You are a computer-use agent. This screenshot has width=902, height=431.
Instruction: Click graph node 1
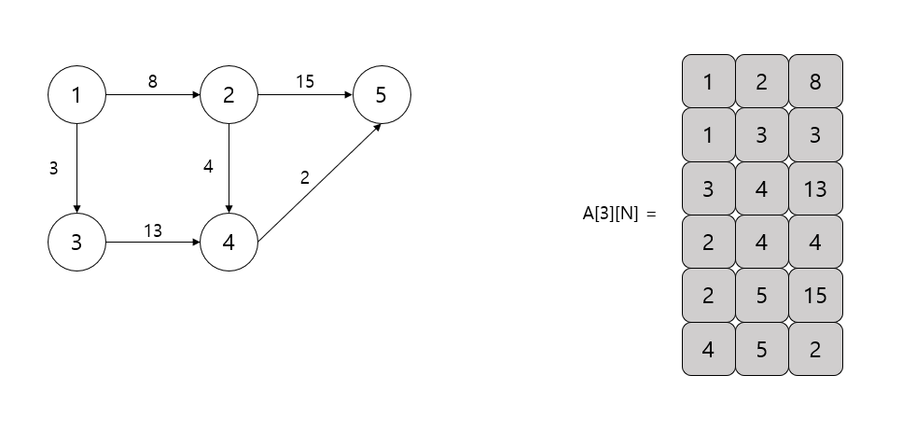(76, 94)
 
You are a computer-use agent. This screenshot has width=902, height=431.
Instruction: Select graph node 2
(229, 94)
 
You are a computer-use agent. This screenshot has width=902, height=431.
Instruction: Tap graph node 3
(76, 243)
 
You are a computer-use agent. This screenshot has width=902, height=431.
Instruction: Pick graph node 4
(229, 243)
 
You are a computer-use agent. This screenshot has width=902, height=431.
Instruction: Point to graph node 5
(382, 94)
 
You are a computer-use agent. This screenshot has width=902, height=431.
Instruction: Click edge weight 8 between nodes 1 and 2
(153, 81)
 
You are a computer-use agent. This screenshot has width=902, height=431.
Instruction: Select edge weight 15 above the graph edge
(305, 81)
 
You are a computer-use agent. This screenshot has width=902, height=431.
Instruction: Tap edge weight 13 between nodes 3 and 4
(153, 229)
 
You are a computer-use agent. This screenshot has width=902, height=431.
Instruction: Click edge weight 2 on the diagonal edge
(304, 177)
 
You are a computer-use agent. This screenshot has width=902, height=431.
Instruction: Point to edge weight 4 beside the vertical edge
(209, 168)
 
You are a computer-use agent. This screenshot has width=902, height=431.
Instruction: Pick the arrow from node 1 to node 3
(76, 168)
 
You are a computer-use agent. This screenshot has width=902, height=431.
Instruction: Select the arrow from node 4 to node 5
(318, 183)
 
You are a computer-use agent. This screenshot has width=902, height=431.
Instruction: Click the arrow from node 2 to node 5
(305, 94)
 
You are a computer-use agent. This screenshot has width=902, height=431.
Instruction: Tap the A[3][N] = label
(619, 215)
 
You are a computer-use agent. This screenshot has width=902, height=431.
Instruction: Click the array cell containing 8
(815, 81)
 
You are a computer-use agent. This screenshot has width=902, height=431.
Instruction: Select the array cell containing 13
(815, 188)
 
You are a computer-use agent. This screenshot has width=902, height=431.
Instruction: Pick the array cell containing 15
(815, 296)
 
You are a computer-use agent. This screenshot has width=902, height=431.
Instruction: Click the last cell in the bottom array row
(815, 349)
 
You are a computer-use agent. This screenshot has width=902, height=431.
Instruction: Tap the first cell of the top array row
(708, 81)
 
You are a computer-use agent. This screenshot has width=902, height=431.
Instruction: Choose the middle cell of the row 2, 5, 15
(762, 296)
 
